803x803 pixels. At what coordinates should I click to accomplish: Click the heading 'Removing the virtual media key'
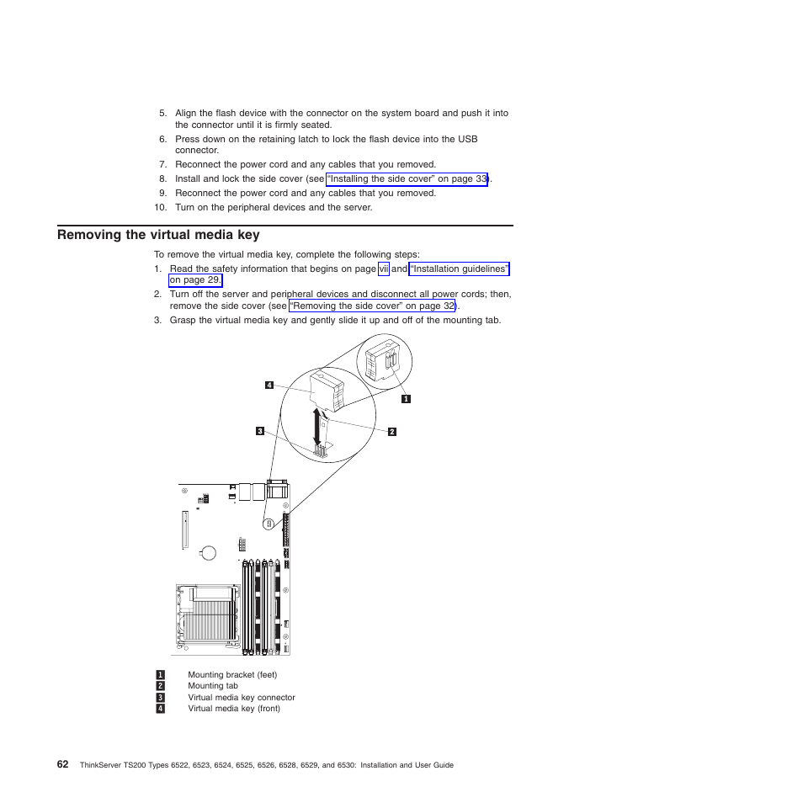(x=158, y=236)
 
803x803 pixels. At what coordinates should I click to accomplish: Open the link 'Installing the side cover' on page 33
(x=407, y=179)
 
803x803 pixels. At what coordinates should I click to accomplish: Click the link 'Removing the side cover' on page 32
(x=372, y=306)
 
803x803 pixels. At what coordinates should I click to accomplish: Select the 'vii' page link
(x=383, y=269)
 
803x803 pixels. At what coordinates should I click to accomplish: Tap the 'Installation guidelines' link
(x=459, y=269)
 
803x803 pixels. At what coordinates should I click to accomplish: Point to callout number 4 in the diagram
(x=269, y=386)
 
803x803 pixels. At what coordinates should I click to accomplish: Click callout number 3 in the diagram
(x=261, y=431)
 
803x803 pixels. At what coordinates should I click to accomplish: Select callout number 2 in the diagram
(x=391, y=432)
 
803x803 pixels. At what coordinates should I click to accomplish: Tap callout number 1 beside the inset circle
(x=406, y=398)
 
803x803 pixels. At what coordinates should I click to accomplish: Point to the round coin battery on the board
(x=207, y=553)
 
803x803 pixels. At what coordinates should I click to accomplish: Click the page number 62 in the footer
(x=63, y=764)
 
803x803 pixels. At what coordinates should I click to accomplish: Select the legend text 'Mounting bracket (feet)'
(x=232, y=675)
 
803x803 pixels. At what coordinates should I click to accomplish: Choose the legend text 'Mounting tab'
(x=213, y=686)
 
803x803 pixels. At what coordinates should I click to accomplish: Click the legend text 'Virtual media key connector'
(x=242, y=698)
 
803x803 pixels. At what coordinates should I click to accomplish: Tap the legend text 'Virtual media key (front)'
(x=234, y=709)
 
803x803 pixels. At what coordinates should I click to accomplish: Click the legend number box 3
(x=159, y=698)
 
